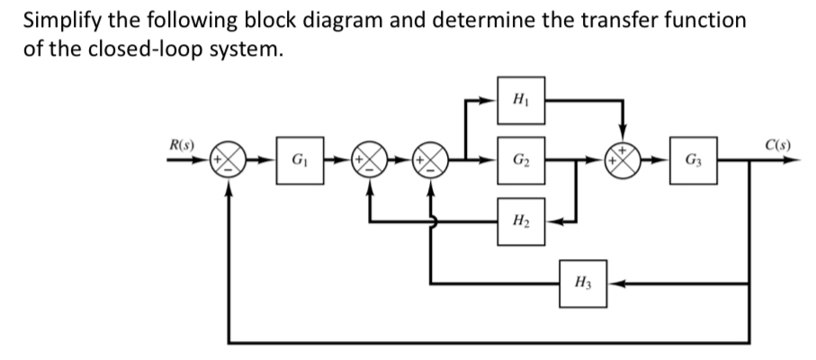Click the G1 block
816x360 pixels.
point(298,166)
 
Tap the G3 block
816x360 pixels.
point(693,166)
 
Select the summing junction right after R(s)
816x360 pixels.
point(230,166)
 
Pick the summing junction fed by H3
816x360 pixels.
point(432,166)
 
